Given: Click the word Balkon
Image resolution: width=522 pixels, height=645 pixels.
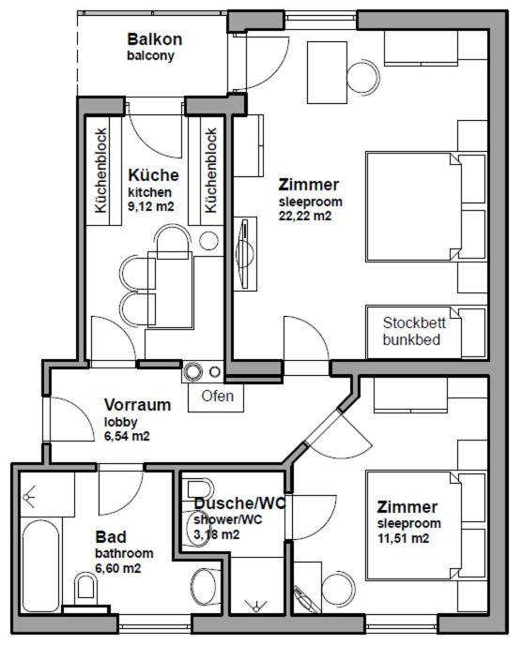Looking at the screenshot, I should coord(155,39).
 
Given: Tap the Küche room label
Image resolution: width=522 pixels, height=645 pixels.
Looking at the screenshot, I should coord(153,175).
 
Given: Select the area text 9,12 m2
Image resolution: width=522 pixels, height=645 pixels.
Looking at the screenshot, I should coord(151,206).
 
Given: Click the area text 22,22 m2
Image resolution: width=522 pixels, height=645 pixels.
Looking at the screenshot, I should coord(305,216).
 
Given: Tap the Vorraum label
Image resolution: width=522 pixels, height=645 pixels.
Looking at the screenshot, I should coord(137,405).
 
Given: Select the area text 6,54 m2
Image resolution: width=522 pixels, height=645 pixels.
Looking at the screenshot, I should coord(127,436).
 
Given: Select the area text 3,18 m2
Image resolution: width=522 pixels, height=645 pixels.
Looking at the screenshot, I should coord(216,534).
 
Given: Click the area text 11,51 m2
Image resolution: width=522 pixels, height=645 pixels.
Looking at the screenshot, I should coord(404,538).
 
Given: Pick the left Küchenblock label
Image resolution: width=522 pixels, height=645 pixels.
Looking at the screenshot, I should coord(100,170).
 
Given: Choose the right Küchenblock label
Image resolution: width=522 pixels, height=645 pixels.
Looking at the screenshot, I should coord(211,170).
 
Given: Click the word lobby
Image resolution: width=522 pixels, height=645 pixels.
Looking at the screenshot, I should coord(119,422).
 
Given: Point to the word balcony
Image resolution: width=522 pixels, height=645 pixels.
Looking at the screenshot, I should coord(151,55).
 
